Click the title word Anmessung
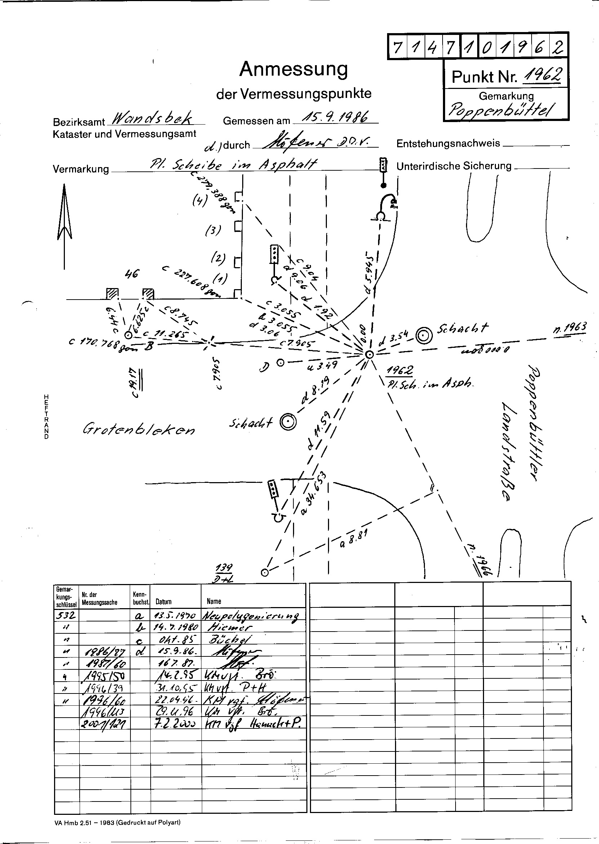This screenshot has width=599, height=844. click(x=294, y=69)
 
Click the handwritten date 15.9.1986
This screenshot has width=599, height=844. click(x=335, y=117)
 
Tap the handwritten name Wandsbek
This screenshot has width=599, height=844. click(x=152, y=118)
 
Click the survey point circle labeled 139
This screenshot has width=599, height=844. click(x=265, y=572)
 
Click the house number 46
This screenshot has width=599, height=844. click(x=131, y=274)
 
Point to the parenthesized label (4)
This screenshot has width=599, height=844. click(x=199, y=201)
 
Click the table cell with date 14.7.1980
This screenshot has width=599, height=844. click(x=176, y=627)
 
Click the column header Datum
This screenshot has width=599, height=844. click(x=163, y=602)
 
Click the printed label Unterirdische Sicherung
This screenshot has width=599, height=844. click(x=454, y=166)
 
